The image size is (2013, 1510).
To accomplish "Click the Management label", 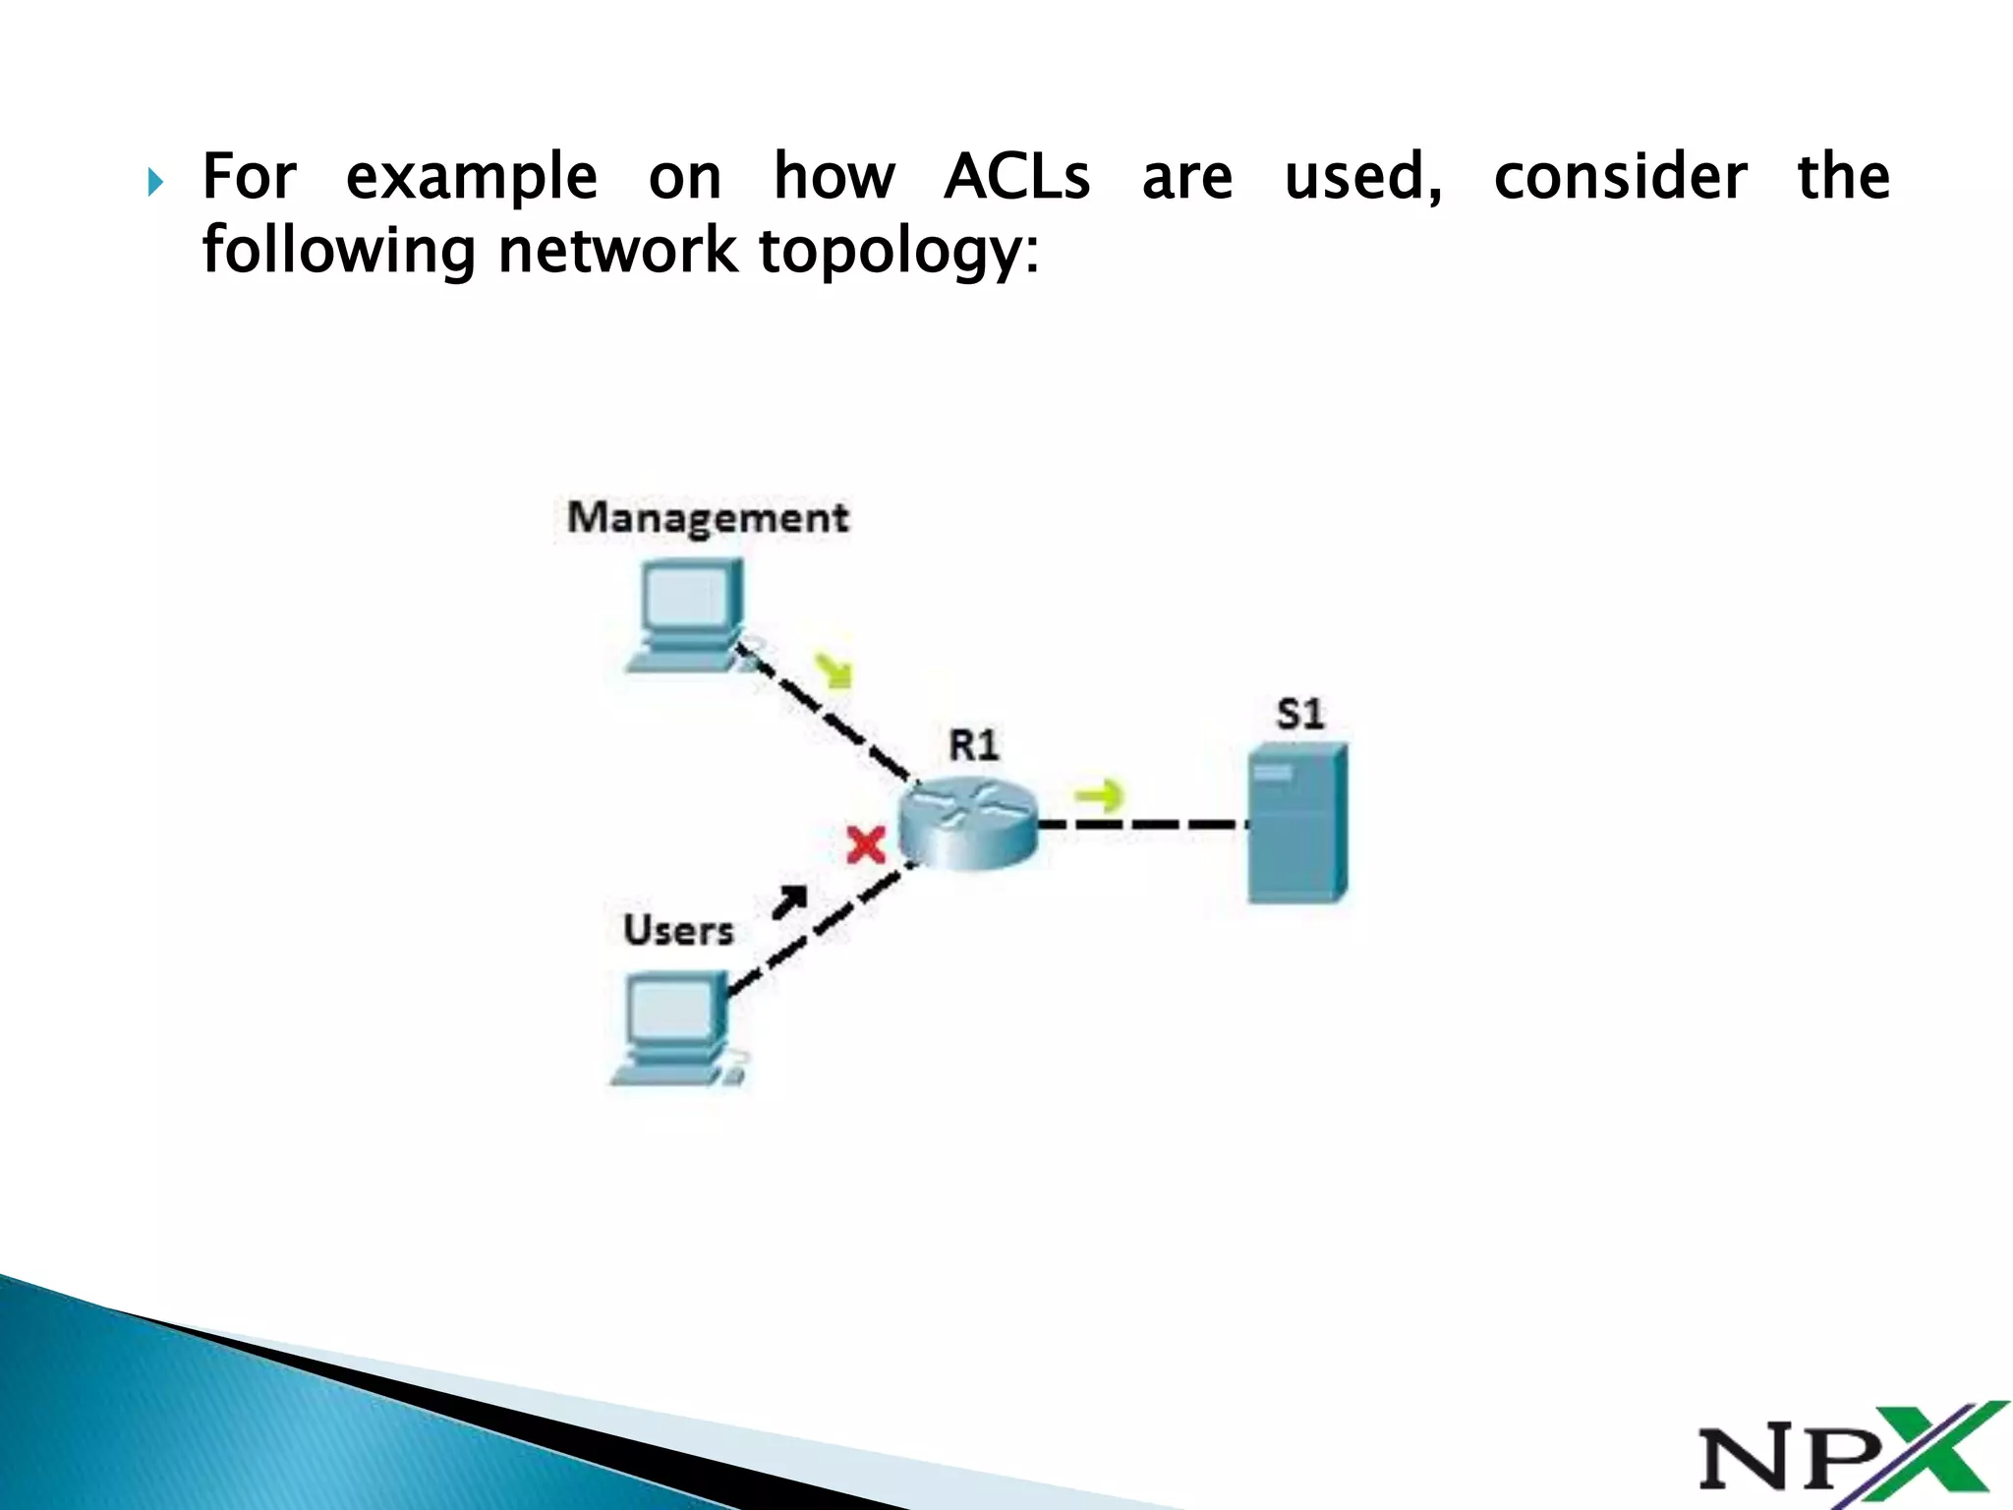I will coord(708,518).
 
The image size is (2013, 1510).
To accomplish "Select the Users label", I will coord(678,930).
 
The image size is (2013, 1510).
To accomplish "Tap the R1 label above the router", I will coord(973,745).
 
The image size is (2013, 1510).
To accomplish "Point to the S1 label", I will coord(1300,714).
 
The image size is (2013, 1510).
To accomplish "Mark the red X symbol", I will coord(866,845).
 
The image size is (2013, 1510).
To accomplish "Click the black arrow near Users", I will coord(790,900).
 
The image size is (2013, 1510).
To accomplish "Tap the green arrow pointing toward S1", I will coord(1099,795).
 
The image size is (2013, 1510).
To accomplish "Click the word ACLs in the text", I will coord(1016,177).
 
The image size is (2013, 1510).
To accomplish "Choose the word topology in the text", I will coord(898,251).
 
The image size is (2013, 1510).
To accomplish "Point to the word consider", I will coord(1620,177).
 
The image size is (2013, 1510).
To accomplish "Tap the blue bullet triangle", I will coord(155,182).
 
